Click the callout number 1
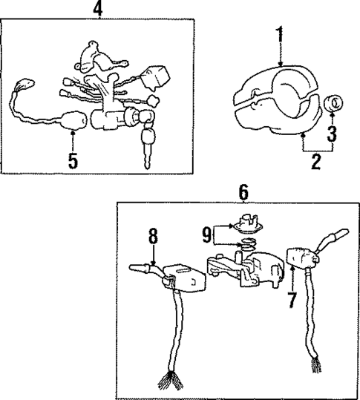(x=281, y=34)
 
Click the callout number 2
(x=316, y=162)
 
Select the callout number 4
(x=97, y=9)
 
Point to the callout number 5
(x=73, y=160)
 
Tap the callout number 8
(x=153, y=237)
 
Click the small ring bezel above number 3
(x=333, y=102)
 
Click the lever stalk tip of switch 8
(x=135, y=266)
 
